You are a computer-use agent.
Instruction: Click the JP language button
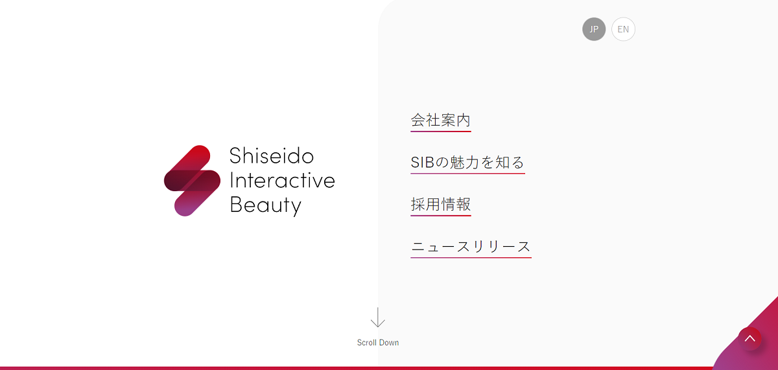point(594,29)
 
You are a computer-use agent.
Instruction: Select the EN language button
point(623,29)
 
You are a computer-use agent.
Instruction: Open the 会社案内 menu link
point(441,121)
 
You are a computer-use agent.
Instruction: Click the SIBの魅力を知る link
point(467,163)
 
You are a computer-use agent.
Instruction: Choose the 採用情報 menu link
point(441,205)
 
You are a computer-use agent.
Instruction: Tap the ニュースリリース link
point(471,247)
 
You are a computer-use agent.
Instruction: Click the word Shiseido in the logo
point(272,156)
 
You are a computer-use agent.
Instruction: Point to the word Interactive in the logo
point(282,180)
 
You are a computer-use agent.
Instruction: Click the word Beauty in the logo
point(266,205)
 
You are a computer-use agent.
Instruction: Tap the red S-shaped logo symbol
point(192,181)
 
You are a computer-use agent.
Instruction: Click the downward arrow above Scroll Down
point(378,318)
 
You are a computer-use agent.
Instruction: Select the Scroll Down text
point(378,343)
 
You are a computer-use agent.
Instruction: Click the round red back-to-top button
point(749,338)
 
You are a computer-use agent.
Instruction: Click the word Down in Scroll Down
point(389,343)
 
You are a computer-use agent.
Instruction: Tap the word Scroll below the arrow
point(367,343)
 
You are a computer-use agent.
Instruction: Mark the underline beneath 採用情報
point(441,216)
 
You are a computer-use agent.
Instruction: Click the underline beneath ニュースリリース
point(471,258)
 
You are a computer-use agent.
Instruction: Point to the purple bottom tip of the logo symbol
point(183,208)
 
